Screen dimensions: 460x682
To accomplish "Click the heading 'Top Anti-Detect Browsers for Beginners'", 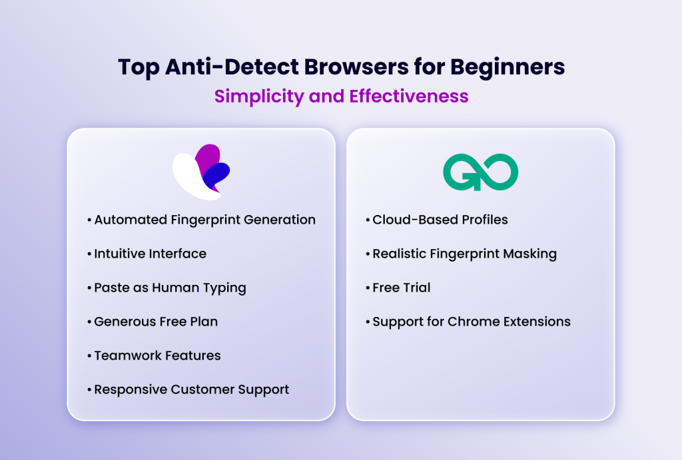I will [x=341, y=67].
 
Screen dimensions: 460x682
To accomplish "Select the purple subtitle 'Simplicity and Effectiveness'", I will [x=341, y=97].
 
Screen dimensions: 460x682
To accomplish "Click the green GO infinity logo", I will [x=480, y=172].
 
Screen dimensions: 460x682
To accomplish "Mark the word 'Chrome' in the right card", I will [x=474, y=322].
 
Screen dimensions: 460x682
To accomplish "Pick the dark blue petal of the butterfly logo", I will [x=217, y=175].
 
